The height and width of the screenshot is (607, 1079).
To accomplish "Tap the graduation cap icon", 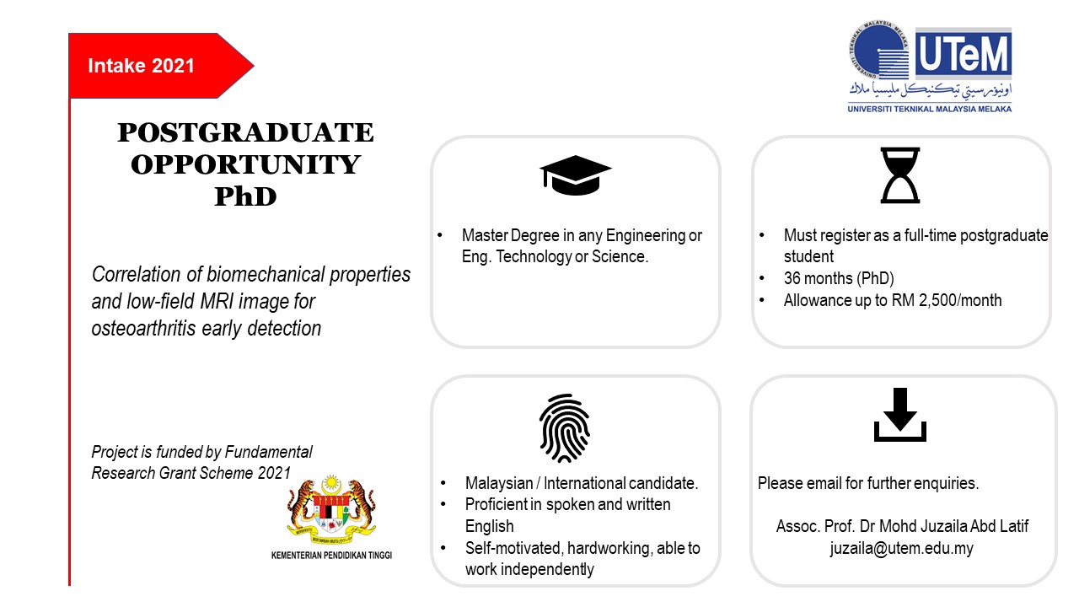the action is coord(575,175).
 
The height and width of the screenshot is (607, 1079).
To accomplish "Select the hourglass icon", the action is coord(899,175).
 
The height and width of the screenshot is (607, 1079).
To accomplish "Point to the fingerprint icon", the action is coord(565,428).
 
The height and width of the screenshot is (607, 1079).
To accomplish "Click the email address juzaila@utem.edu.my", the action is coord(901,548).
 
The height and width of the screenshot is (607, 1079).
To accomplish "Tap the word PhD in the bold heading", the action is coord(245,196).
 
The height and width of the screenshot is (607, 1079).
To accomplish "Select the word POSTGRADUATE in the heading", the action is coord(245,132).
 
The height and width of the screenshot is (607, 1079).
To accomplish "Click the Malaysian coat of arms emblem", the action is coord(331,510).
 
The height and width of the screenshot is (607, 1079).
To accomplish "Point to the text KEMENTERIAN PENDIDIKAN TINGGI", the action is coord(331,556).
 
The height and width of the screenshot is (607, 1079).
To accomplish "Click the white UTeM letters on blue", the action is coord(963,54).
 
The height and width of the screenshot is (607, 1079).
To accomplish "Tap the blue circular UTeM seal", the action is coord(878,50).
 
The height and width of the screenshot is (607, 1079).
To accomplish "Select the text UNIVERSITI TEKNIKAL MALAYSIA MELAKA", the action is coord(929,110).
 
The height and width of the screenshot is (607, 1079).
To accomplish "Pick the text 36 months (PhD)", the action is coord(839,278).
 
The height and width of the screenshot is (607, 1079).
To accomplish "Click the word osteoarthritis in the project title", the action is coord(143,329).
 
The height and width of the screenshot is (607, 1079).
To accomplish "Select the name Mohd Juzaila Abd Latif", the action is coord(953,526).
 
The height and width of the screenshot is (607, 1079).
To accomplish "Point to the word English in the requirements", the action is coord(490,527).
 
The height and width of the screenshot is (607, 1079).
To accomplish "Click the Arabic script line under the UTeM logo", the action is coord(930,89).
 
